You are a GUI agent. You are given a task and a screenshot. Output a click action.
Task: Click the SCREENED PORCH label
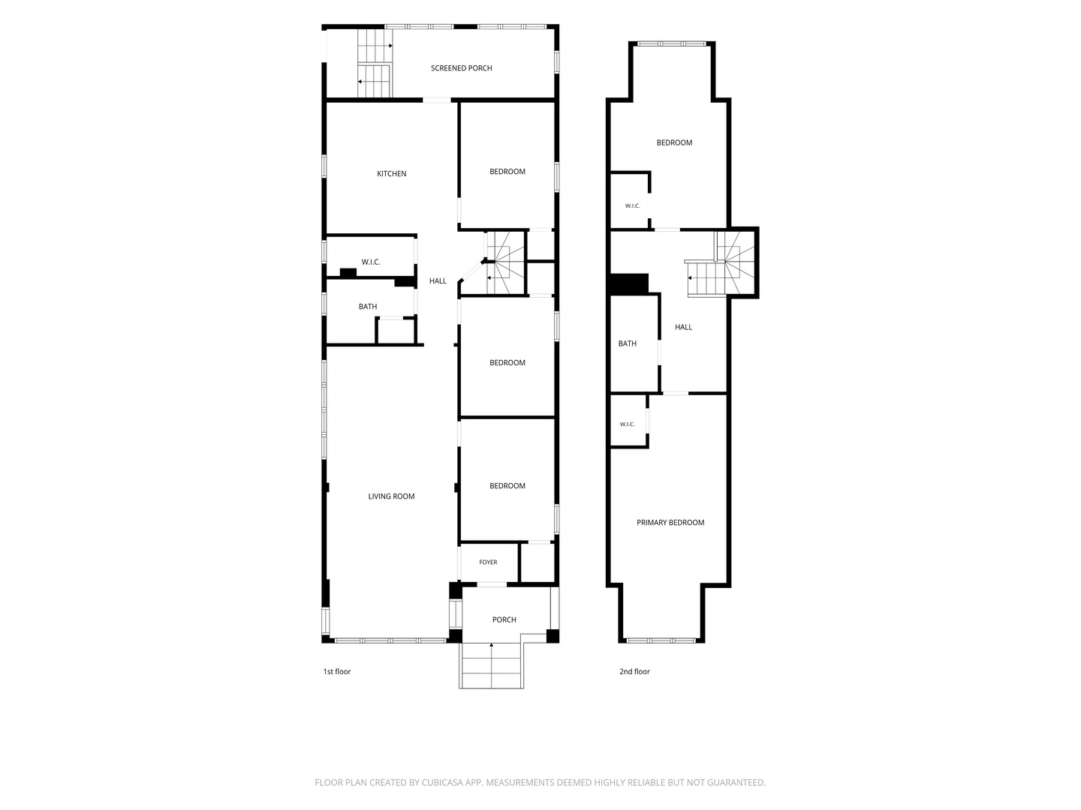tap(461, 68)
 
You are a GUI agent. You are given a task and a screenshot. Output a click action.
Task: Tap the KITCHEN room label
tap(392, 173)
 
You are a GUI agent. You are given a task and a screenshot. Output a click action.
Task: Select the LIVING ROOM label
tap(392, 496)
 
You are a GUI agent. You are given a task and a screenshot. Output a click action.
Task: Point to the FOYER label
tap(488, 562)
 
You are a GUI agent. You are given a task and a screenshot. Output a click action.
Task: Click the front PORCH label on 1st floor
tap(504, 619)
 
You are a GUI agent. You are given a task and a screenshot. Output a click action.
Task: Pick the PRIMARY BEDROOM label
tap(670, 522)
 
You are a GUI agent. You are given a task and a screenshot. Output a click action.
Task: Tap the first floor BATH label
tap(367, 307)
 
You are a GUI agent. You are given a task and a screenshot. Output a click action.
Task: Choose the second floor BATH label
tap(628, 343)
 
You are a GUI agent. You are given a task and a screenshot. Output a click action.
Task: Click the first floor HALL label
tap(438, 280)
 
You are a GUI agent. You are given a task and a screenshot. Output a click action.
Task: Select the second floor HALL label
tap(684, 327)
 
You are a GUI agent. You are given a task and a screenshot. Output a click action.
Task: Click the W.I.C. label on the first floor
tap(371, 262)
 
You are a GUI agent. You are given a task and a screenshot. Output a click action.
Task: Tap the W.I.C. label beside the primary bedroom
tap(627, 424)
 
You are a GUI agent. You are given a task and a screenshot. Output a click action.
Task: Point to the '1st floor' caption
tap(337, 671)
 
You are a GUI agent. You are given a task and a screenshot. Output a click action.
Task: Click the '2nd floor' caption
tap(634, 671)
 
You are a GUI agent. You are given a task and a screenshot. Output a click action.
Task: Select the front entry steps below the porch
tap(491, 665)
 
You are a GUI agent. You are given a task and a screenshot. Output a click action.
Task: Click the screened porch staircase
tap(375, 64)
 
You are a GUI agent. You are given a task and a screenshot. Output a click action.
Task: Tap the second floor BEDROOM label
tap(674, 142)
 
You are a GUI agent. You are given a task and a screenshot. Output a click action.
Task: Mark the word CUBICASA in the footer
tap(443, 782)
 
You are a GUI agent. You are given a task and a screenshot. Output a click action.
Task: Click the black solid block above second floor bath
tap(629, 284)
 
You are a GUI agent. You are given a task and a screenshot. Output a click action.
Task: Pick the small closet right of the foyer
tap(537, 562)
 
